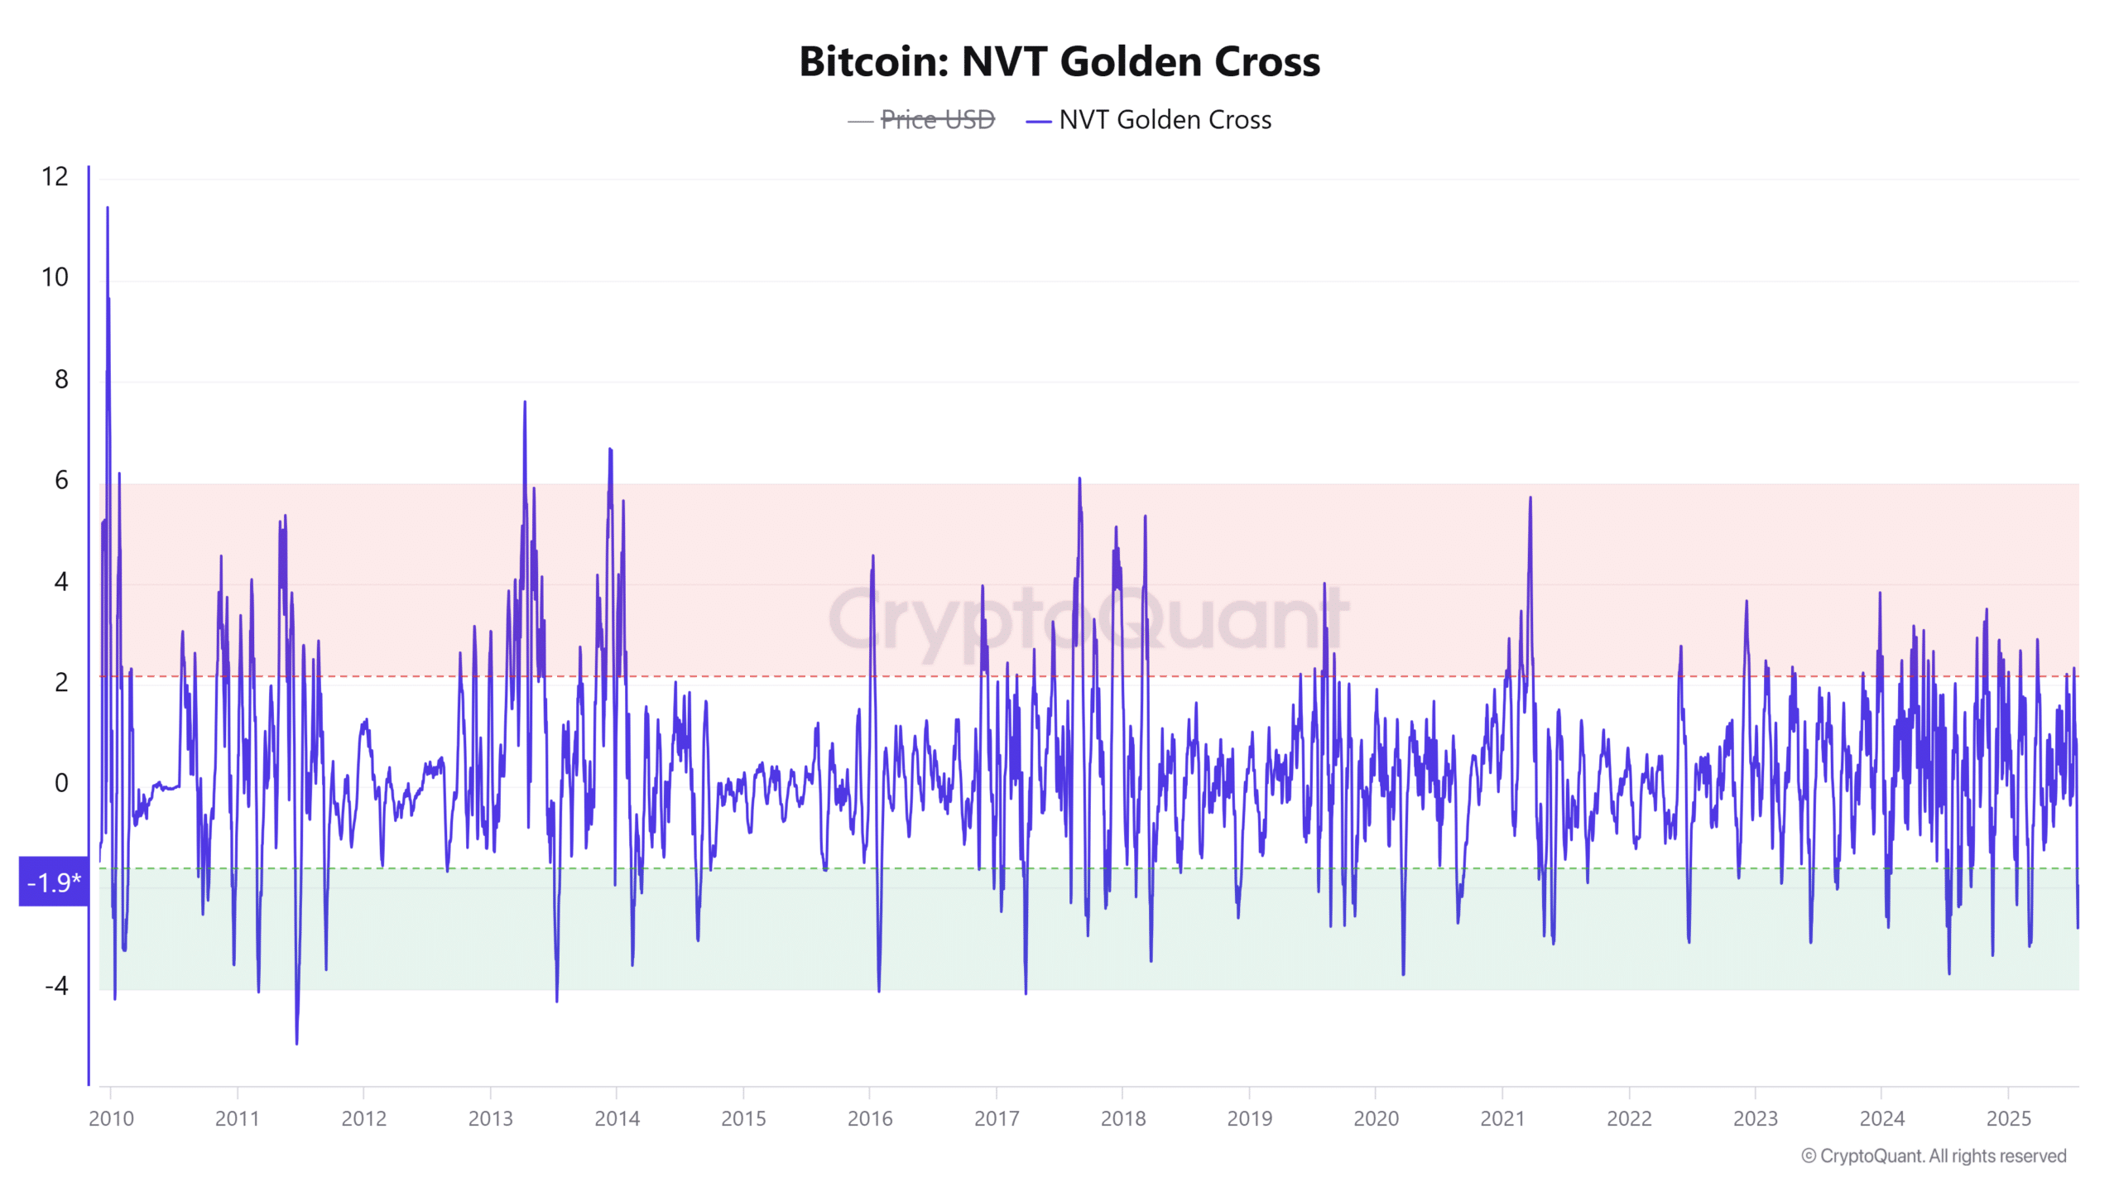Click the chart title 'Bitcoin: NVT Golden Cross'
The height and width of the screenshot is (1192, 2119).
1059,62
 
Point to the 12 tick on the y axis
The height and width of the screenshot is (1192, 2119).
55,176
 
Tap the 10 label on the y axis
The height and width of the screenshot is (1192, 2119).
55,277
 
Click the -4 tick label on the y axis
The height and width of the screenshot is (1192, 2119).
56,986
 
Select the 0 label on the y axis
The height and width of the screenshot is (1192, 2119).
61,783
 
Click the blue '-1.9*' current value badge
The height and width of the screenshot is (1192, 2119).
54,882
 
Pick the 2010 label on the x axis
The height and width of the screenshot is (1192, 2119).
111,1118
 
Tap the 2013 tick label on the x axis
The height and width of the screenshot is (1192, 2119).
491,1118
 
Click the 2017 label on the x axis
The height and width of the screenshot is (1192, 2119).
997,1118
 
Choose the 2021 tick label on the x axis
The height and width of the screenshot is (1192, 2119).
1502,1118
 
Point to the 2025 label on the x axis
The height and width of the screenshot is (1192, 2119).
2009,1118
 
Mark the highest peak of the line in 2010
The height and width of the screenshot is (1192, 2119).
108,208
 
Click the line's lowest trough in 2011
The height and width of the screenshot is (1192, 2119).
296,1044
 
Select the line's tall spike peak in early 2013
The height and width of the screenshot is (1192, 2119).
525,402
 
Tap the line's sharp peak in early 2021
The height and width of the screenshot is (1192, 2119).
1530,497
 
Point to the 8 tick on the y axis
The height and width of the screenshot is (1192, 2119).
61,379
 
